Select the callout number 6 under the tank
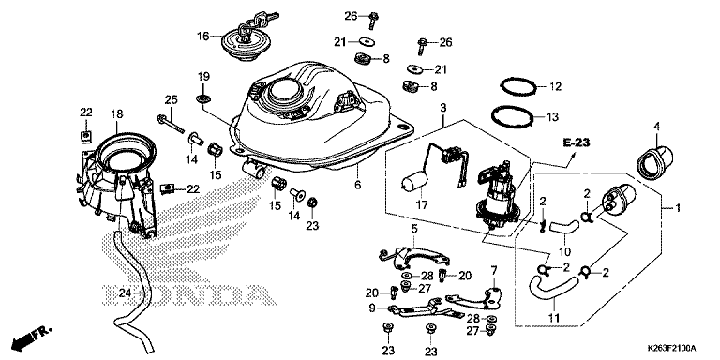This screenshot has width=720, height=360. [358, 185]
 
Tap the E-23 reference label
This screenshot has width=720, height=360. [577, 142]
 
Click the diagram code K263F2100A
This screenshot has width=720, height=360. [672, 348]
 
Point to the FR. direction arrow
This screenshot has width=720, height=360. [32, 337]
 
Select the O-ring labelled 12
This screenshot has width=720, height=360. [518, 86]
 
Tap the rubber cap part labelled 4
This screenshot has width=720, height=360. [654, 160]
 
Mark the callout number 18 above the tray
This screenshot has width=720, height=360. [117, 113]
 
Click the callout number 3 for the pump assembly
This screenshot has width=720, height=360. [442, 108]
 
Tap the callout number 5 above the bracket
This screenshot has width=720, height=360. [413, 229]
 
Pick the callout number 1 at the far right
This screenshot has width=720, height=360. [677, 208]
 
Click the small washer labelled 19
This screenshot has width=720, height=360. [202, 97]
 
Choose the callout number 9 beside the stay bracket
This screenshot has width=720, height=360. [372, 307]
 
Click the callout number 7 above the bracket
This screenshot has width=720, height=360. [494, 270]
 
